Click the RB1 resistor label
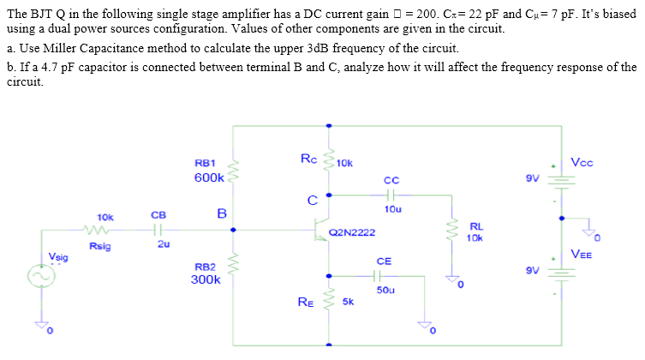[x=206, y=162]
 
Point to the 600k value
[x=208, y=177]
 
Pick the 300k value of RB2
[x=206, y=279]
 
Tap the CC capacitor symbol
[x=391, y=195]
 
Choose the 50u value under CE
[x=385, y=291]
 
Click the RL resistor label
[x=475, y=226]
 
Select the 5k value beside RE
[x=348, y=302]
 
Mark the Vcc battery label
[x=580, y=162]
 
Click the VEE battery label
[x=581, y=253]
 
